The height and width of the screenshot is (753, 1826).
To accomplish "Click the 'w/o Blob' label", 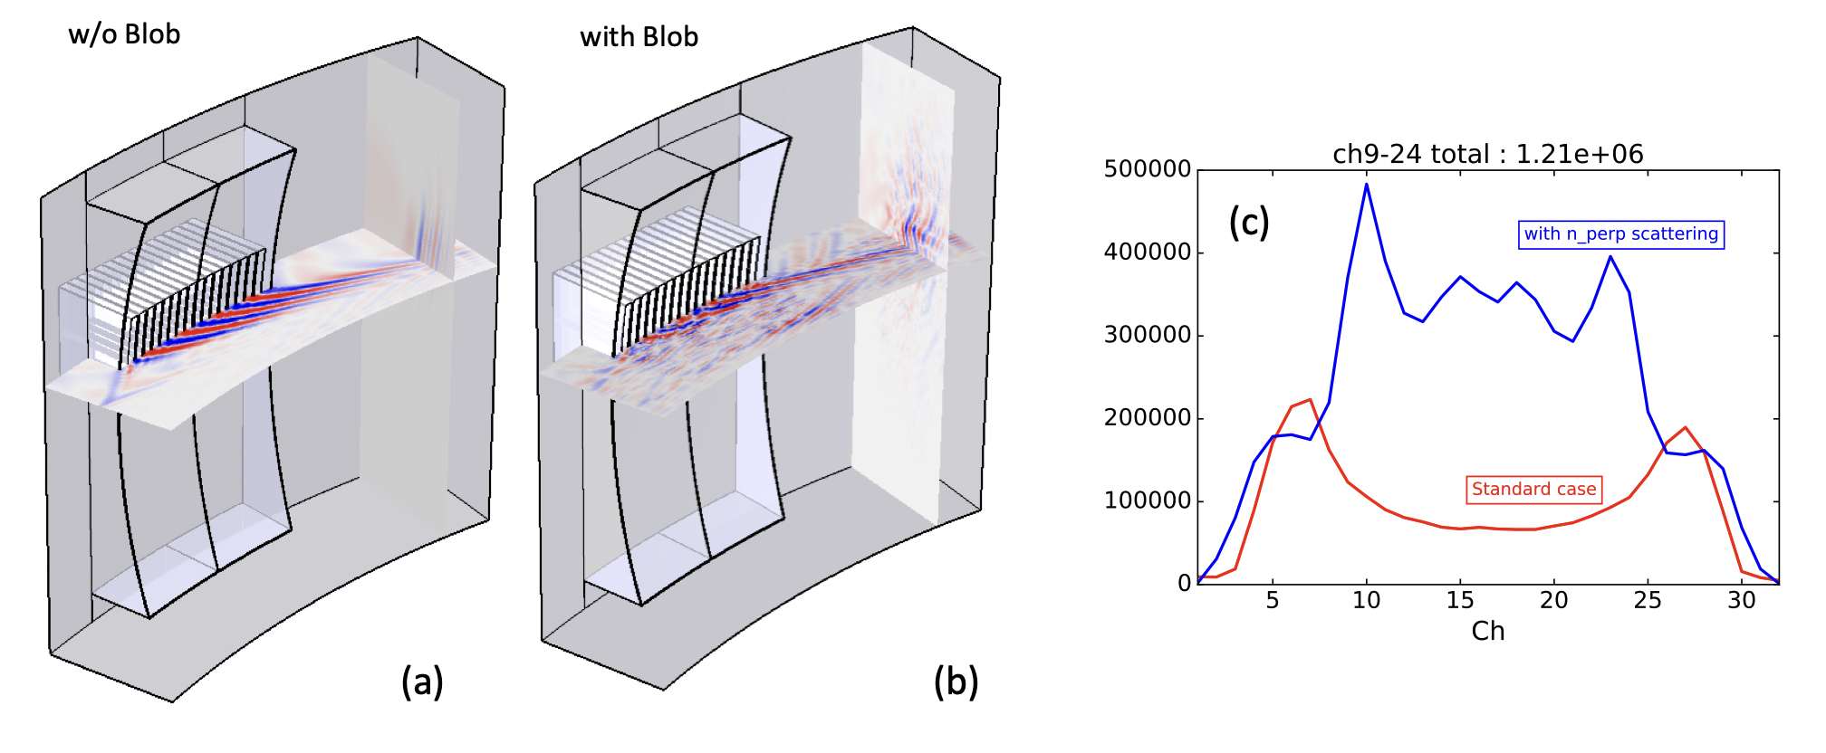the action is click(x=124, y=34).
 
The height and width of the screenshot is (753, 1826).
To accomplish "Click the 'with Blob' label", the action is click(x=639, y=37).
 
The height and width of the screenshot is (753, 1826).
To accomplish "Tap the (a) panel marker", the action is click(x=422, y=682).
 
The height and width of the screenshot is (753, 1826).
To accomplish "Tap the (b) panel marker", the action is click(x=956, y=682).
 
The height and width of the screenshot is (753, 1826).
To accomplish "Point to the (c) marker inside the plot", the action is click(x=1249, y=222).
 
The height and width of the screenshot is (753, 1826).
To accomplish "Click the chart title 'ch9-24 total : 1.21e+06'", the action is click(x=1488, y=154).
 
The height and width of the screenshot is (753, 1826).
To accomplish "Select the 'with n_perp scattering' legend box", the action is click(x=1621, y=234).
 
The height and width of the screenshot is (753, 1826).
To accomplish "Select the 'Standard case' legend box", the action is click(x=1534, y=490).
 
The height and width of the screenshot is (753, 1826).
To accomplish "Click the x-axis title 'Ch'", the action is click(x=1488, y=631).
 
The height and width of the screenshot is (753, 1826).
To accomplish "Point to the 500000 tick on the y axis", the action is click(x=1148, y=169).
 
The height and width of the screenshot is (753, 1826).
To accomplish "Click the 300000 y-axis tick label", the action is click(x=1148, y=335).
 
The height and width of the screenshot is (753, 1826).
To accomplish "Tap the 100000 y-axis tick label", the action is click(x=1148, y=500).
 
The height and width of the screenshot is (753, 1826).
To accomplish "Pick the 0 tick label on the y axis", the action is click(x=1185, y=584).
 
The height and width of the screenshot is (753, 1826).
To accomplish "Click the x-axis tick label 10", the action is click(x=1366, y=601).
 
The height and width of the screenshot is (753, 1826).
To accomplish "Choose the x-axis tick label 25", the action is click(x=1648, y=601).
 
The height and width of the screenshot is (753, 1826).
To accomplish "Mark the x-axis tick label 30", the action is click(x=1742, y=601).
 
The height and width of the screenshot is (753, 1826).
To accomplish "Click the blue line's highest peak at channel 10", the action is click(x=1366, y=185).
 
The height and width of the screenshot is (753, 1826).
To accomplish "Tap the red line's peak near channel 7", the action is click(x=1310, y=399).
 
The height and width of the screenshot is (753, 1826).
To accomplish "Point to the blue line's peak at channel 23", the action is click(x=1610, y=257).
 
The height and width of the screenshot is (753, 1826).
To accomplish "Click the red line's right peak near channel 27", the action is click(x=1686, y=427).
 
